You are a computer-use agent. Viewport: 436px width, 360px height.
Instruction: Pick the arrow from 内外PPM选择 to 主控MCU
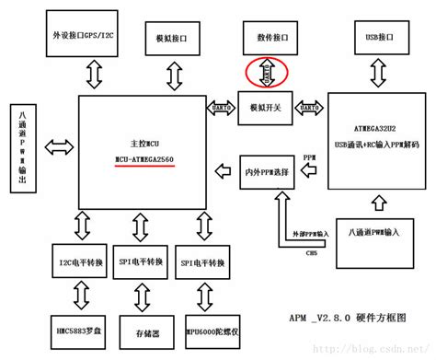pos(222,168)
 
